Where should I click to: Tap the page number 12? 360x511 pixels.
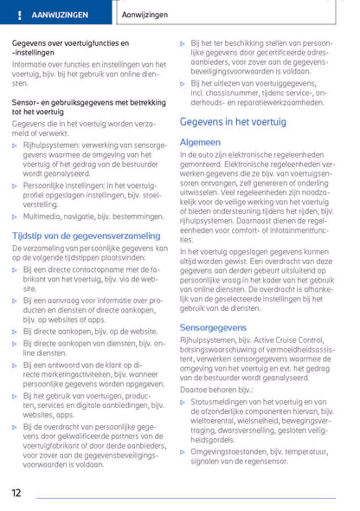(17, 493)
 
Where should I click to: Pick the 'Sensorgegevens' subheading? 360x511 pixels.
(215, 327)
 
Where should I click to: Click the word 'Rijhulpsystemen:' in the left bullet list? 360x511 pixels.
(51, 146)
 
